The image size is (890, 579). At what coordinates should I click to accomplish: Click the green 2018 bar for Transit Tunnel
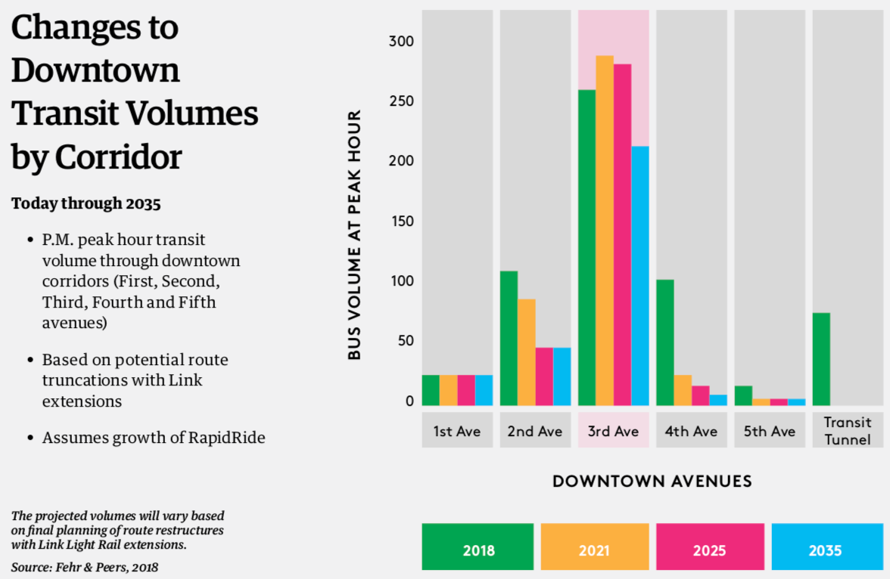click(821, 359)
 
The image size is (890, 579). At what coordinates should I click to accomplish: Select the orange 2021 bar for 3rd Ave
click(604, 231)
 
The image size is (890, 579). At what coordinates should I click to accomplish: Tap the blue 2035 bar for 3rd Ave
click(640, 276)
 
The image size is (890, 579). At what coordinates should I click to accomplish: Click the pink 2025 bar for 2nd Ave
click(544, 376)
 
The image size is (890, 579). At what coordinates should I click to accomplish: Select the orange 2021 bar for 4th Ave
click(683, 390)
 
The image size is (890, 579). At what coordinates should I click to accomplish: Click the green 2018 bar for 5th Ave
click(743, 396)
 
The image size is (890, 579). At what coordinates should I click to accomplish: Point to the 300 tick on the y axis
click(402, 41)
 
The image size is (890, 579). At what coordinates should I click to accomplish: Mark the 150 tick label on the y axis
click(402, 221)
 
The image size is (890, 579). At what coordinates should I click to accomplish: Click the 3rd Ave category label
click(614, 431)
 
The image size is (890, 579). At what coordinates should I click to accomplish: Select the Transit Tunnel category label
click(848, 431)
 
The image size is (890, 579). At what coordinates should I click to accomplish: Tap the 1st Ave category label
click(457, 431)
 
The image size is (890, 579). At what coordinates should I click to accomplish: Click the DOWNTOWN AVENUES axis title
click(652, 481)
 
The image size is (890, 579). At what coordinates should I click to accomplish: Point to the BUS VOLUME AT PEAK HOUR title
click(355, 234)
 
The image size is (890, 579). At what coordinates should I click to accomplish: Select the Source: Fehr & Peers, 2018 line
click(85, 566)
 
